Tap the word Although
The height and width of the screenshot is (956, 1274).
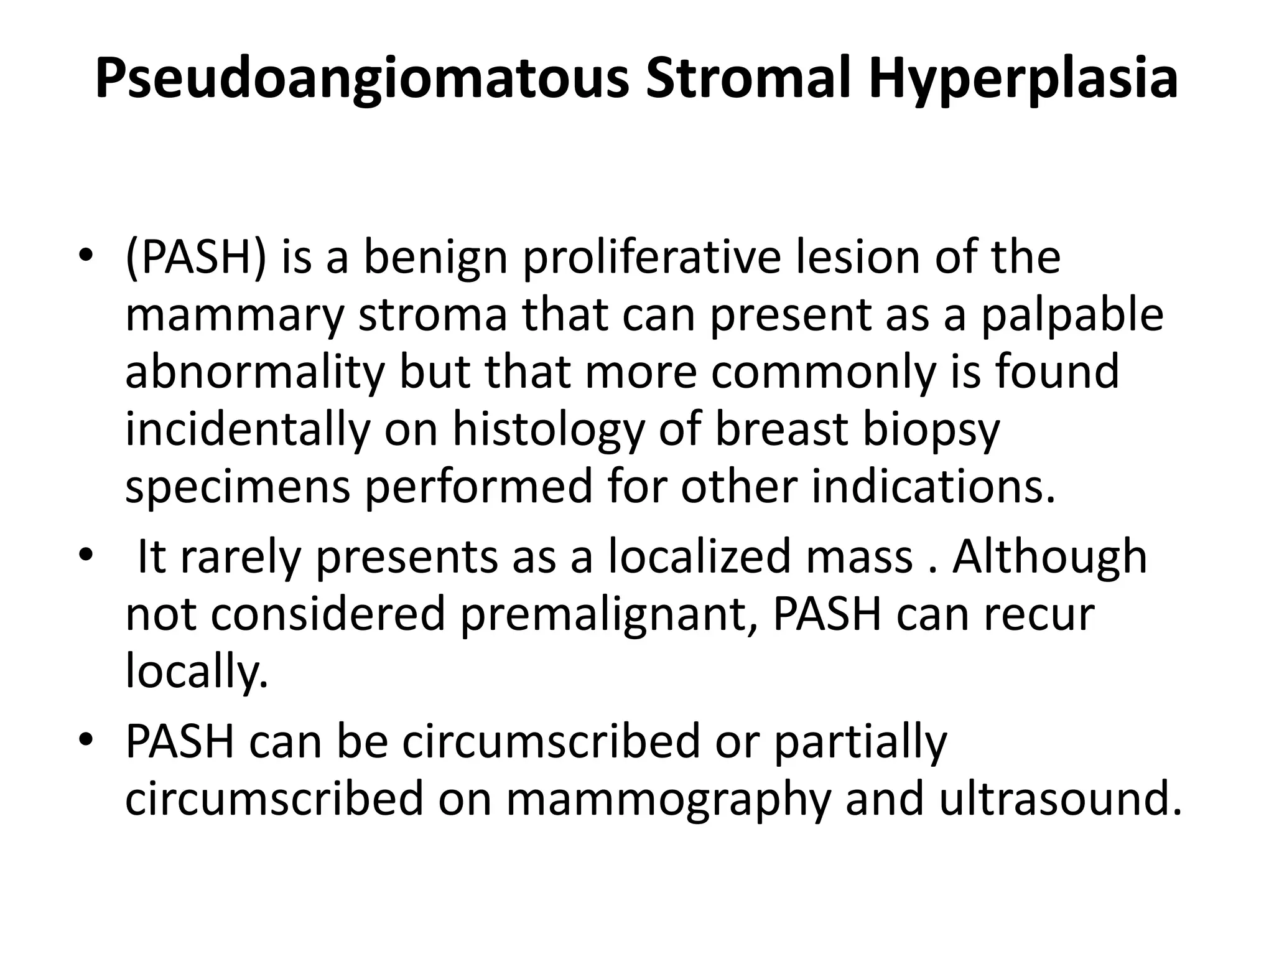click(x=1050, y=556)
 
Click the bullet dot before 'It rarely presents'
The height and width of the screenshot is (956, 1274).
click(x=86, y=553)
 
